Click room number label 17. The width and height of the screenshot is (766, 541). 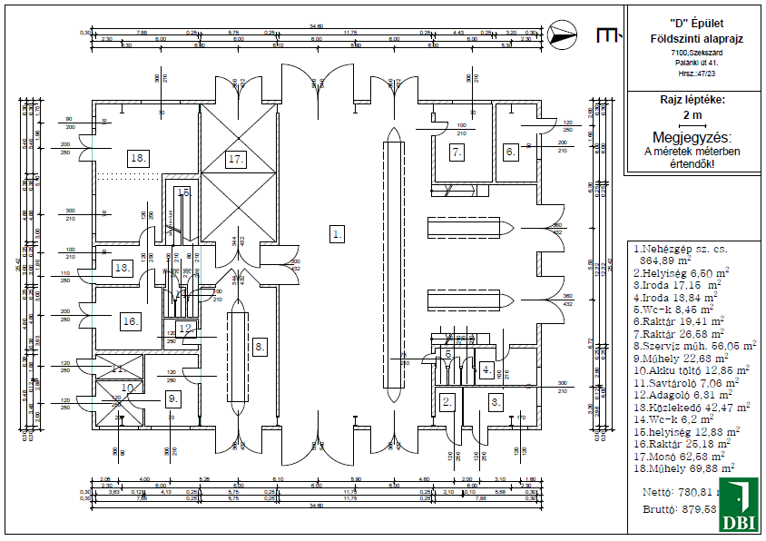point(236,159)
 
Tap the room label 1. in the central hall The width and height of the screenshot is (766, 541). point(338,234)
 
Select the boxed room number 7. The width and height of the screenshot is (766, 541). point(457,152)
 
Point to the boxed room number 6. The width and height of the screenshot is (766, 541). point(510,152)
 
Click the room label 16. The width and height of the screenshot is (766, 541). point(131,320)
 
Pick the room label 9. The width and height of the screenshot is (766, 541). point(172,398)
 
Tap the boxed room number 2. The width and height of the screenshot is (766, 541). point(446,400)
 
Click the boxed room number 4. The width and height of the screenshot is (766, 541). point(487,369)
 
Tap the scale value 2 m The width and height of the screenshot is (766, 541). point(692,115)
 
